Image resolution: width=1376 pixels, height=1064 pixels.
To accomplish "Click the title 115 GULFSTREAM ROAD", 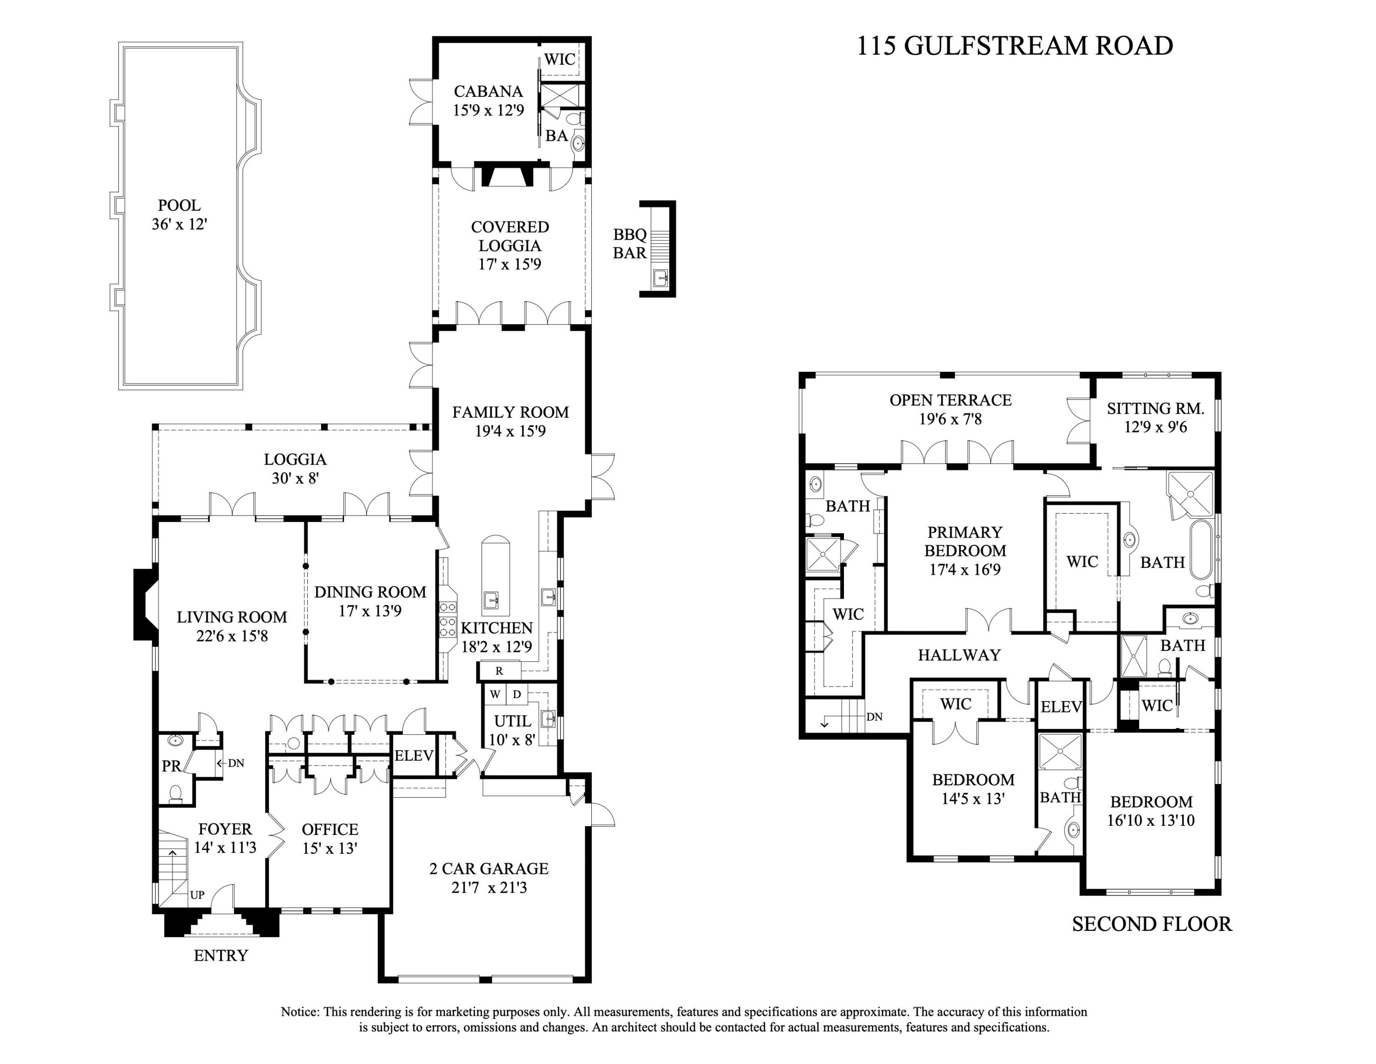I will (1015, 46).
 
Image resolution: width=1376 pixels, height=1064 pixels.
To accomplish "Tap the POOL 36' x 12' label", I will (179, 215).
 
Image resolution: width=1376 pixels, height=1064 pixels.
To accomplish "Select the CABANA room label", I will (488, 91).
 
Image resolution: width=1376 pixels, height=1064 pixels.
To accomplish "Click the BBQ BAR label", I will (630, 244).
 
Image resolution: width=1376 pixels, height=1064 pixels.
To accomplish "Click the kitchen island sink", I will (491, 599).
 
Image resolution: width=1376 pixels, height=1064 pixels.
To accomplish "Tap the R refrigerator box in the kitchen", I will (499, 671).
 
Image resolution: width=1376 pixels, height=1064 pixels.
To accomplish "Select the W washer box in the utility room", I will (495, 694).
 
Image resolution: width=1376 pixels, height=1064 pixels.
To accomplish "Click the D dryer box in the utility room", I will (516, 694).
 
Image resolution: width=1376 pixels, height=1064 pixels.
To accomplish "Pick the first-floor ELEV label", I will (413, 755).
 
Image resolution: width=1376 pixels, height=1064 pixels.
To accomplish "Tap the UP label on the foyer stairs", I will (197, 895).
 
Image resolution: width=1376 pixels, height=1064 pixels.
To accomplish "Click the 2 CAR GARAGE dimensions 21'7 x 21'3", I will (489, 887).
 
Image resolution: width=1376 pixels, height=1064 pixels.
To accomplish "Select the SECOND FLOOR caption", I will (1152, 924).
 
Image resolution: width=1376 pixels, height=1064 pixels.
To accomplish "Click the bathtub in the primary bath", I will (1201, 549).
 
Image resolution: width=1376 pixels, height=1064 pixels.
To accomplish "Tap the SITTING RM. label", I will (1155, 409).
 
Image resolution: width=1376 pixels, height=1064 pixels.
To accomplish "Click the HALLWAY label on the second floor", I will (959, 655).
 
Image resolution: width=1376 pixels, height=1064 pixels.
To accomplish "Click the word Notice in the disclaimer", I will (300, 1012).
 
